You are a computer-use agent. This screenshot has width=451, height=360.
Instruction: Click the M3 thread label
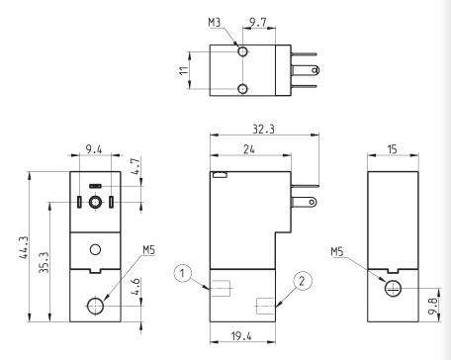[215, 23]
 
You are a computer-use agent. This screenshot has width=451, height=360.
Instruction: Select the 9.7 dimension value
[258, 23]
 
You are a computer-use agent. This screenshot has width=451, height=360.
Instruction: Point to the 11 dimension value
[184, 70]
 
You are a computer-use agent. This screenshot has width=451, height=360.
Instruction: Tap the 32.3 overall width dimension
[263, 129]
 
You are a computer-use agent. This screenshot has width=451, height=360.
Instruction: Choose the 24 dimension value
[249, 149]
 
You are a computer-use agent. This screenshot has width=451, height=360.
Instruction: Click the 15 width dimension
[392, 149]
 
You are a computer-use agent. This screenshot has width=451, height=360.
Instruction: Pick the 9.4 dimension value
[94, 149]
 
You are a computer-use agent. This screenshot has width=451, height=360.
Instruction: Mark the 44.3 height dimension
[24, 247]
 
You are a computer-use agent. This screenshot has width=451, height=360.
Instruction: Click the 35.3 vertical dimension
[45, 262]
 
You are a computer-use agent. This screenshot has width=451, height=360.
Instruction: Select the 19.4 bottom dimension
[241, 336]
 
